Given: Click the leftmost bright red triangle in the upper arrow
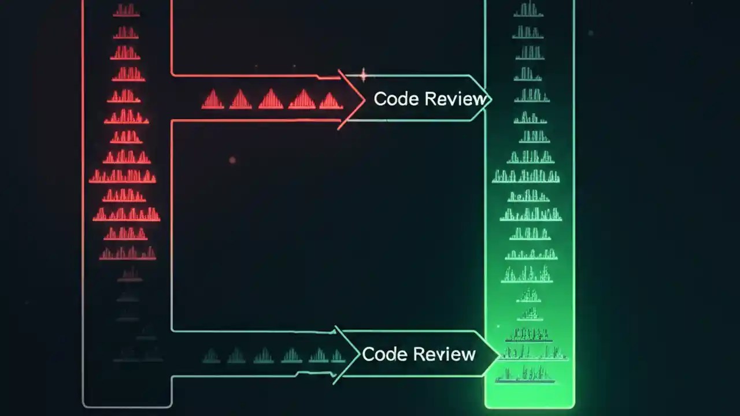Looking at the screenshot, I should pos(212,100).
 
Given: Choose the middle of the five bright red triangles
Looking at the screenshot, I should pos(271,99).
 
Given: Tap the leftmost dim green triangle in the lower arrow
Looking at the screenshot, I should pos(211,356).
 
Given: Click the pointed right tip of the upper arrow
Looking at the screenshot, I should pos(491,99).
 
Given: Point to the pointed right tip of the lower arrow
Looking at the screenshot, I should pos(499,354).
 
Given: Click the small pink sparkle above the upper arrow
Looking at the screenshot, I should pos(363,75).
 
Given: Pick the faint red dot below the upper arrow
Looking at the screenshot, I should pos(232,160).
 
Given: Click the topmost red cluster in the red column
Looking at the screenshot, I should pos(126,10).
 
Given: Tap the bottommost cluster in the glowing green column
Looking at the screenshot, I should pos(526,376).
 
